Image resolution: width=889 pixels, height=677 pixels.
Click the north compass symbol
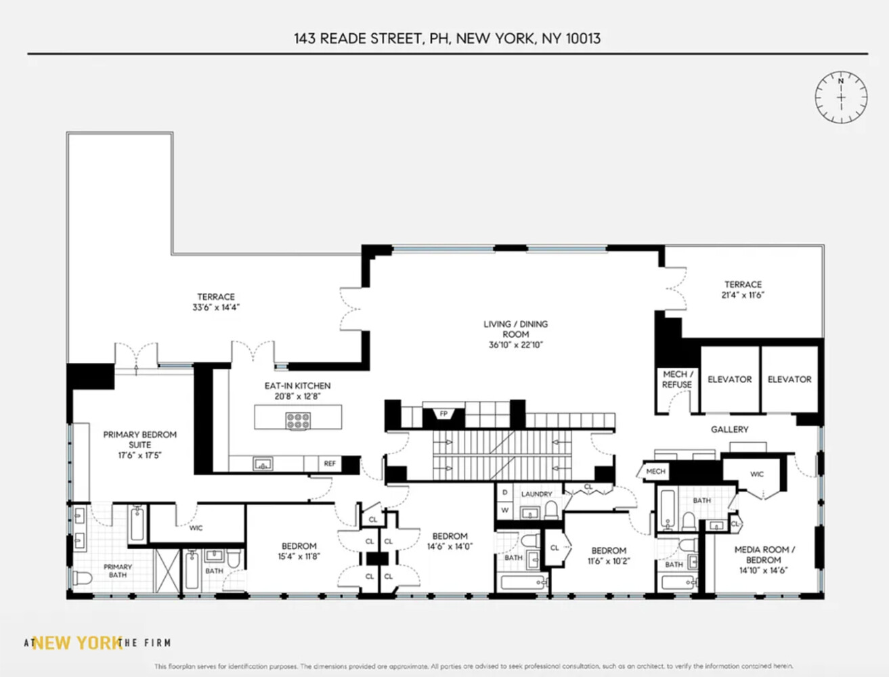(x=840, y=97)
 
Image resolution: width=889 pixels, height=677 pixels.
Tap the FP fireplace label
(x=443, y=414)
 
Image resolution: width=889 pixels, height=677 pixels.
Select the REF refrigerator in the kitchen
(x=330, y=464)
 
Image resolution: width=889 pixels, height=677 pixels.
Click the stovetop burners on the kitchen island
(x=298, y=420)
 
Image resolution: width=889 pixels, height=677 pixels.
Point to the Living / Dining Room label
(x=515, y=329)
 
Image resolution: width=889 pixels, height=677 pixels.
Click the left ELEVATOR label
(x=729, y=379)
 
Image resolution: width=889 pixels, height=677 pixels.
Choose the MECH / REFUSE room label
(x=677, y=379)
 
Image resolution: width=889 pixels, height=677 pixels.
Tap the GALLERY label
(x=729, y=429)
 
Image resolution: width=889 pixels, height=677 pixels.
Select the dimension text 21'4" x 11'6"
(x=743, y=295)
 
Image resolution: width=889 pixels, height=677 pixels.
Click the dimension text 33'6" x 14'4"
(x=216, y=307)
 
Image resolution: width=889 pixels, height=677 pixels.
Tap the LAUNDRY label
(x=536, y=494)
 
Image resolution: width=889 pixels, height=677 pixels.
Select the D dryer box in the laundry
(x=504, y=493)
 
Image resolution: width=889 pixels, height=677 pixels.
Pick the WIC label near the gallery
(x=757, y=474)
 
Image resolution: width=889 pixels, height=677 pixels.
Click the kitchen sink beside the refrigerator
(x=262, y=464)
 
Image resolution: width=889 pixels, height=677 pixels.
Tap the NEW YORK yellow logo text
(x=77, y=642)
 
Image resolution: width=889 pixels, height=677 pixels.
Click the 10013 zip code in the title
(x=583, y=39)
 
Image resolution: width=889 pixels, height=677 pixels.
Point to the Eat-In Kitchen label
(x=297, y=386)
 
